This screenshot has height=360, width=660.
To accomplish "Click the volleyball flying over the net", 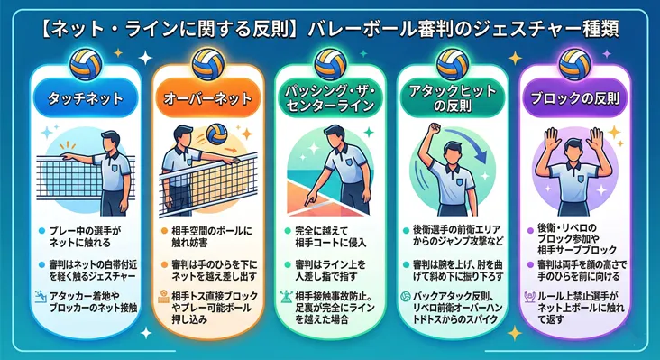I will click(216, 134).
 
